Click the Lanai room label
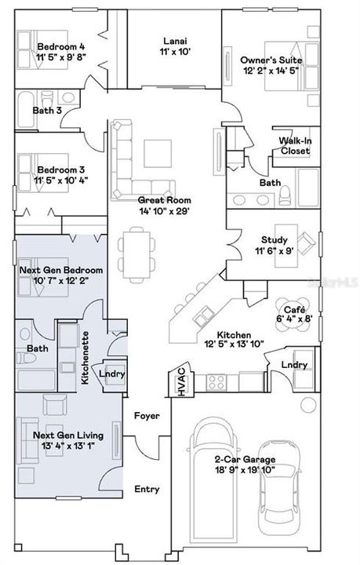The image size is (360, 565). [x=175, y=41]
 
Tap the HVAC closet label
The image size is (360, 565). [x=182, y=381]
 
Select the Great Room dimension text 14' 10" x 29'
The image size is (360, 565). [x=164, y=211]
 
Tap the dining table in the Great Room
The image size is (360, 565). [x=136, y=255]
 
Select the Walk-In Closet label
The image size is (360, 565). [x=295, y=146]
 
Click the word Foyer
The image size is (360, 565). [x=147, y=416]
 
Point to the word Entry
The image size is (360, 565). [x=147, y=490]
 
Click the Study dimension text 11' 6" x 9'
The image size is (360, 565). [x=275, y=251]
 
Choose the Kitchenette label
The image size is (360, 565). [x=85, y=358]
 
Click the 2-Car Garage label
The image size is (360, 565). [x=245, y=459]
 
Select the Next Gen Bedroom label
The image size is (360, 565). [x=61, y=270]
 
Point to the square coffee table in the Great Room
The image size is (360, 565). [x=158, y=153]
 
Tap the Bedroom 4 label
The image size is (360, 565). [x=61, y=47]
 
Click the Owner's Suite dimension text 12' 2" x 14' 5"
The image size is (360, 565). [x=271, y=71]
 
